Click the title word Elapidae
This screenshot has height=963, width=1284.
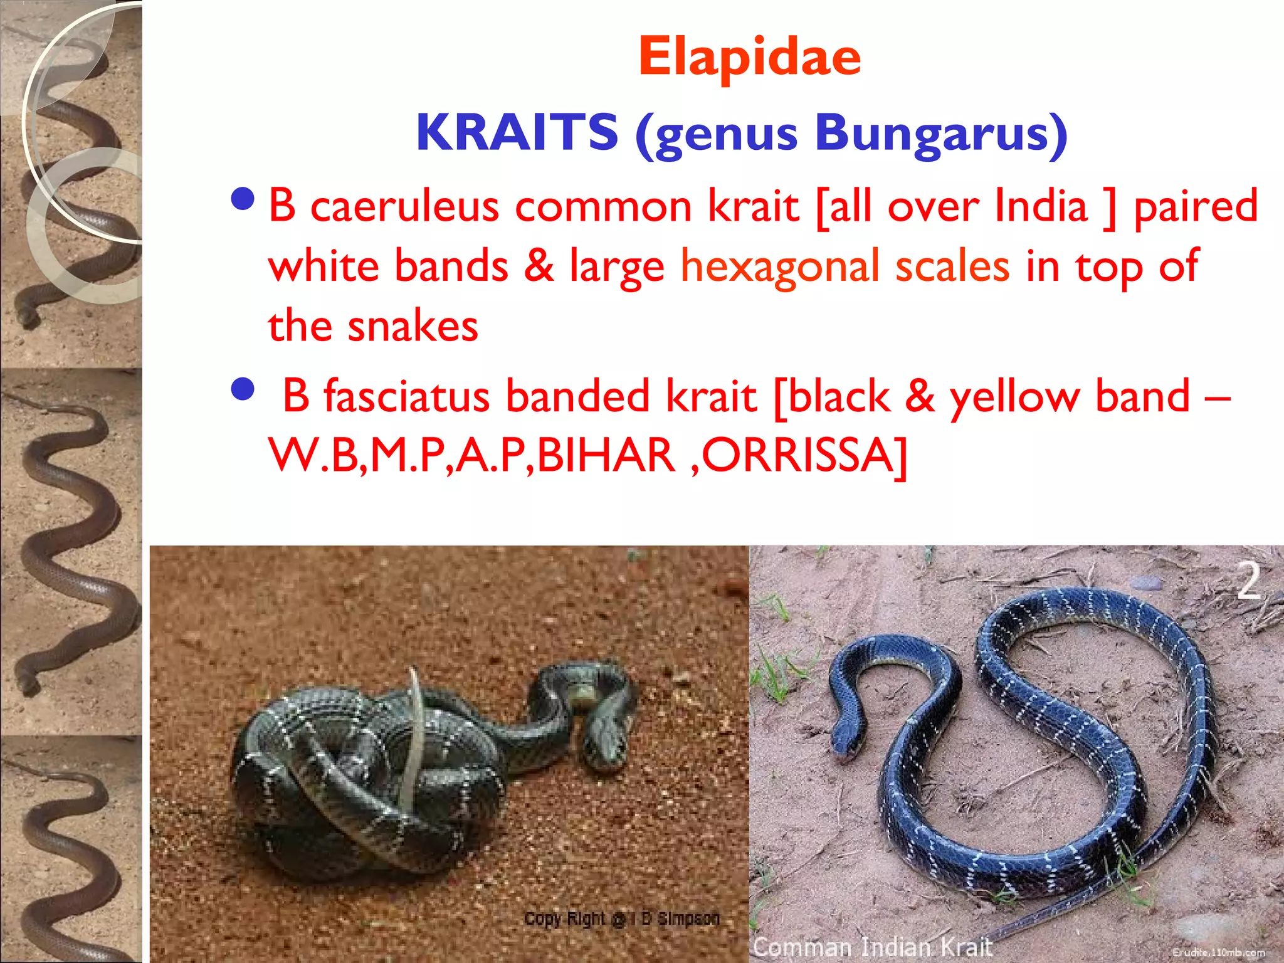(750, 58)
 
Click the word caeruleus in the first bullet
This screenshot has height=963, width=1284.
(404, 206)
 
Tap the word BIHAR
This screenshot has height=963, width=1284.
(606, 455)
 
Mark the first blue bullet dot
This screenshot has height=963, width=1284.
(243, 199)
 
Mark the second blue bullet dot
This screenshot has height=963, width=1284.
(243, 390)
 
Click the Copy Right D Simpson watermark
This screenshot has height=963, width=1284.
(621, 919)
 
